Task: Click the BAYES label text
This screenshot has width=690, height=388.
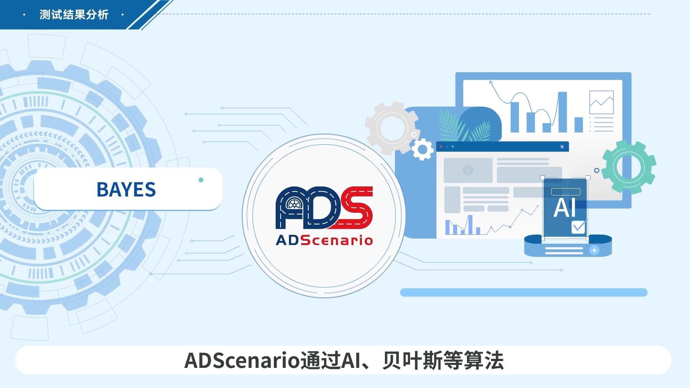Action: (126, 189)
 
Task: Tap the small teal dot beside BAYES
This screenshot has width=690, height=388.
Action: (201, 180)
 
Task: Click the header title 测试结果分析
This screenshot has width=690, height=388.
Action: (74, 15)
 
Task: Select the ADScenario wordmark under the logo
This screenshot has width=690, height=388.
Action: (324, 240)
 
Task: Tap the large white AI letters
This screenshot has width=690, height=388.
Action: (565, 208)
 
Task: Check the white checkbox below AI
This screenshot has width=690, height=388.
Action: (578, 227)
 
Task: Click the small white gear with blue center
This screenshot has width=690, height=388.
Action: (422, 149)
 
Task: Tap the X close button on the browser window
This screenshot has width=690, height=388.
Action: (562, 147)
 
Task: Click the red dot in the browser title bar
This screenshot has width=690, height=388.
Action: (441, 147)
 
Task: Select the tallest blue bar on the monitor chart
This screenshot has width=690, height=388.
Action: (562, 112)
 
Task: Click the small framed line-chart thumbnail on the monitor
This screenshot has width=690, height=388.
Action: (601, 102)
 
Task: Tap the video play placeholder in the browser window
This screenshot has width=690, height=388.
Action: (468, 170)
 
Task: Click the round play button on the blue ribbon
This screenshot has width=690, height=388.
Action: (594, 250)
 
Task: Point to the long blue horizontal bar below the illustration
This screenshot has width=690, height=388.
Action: (524, 292)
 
